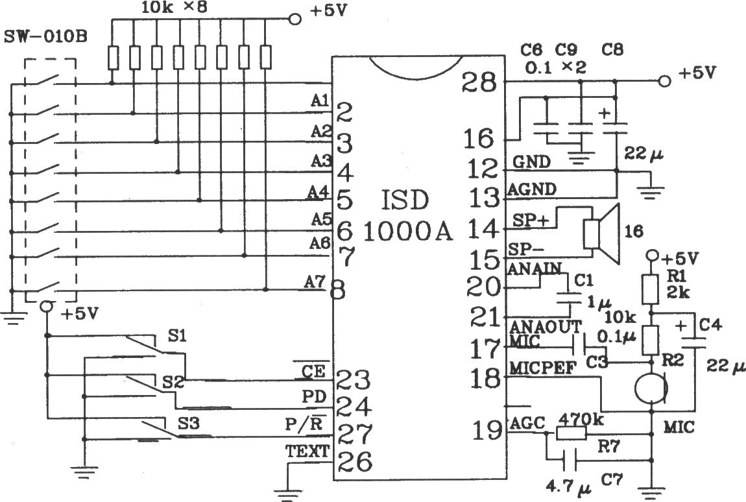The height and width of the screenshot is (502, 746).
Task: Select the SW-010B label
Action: [x=45, y=36]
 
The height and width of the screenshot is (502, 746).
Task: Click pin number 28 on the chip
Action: [x=479, y=83]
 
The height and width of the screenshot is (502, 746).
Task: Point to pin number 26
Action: [x=354, y=461]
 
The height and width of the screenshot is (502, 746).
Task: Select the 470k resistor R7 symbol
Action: [x=571, y=433]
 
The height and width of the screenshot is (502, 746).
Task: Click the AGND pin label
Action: [x=532, y=189]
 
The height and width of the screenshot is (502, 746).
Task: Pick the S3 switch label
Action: [x=188, y=423]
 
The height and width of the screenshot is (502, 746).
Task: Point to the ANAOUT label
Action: [x=546, y=327]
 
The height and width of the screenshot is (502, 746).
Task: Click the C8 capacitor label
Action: [x=612, y=49]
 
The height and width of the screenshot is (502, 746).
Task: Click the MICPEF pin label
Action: [x=542, y=368]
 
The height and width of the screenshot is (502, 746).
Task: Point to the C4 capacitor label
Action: [x=711, y=326]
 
